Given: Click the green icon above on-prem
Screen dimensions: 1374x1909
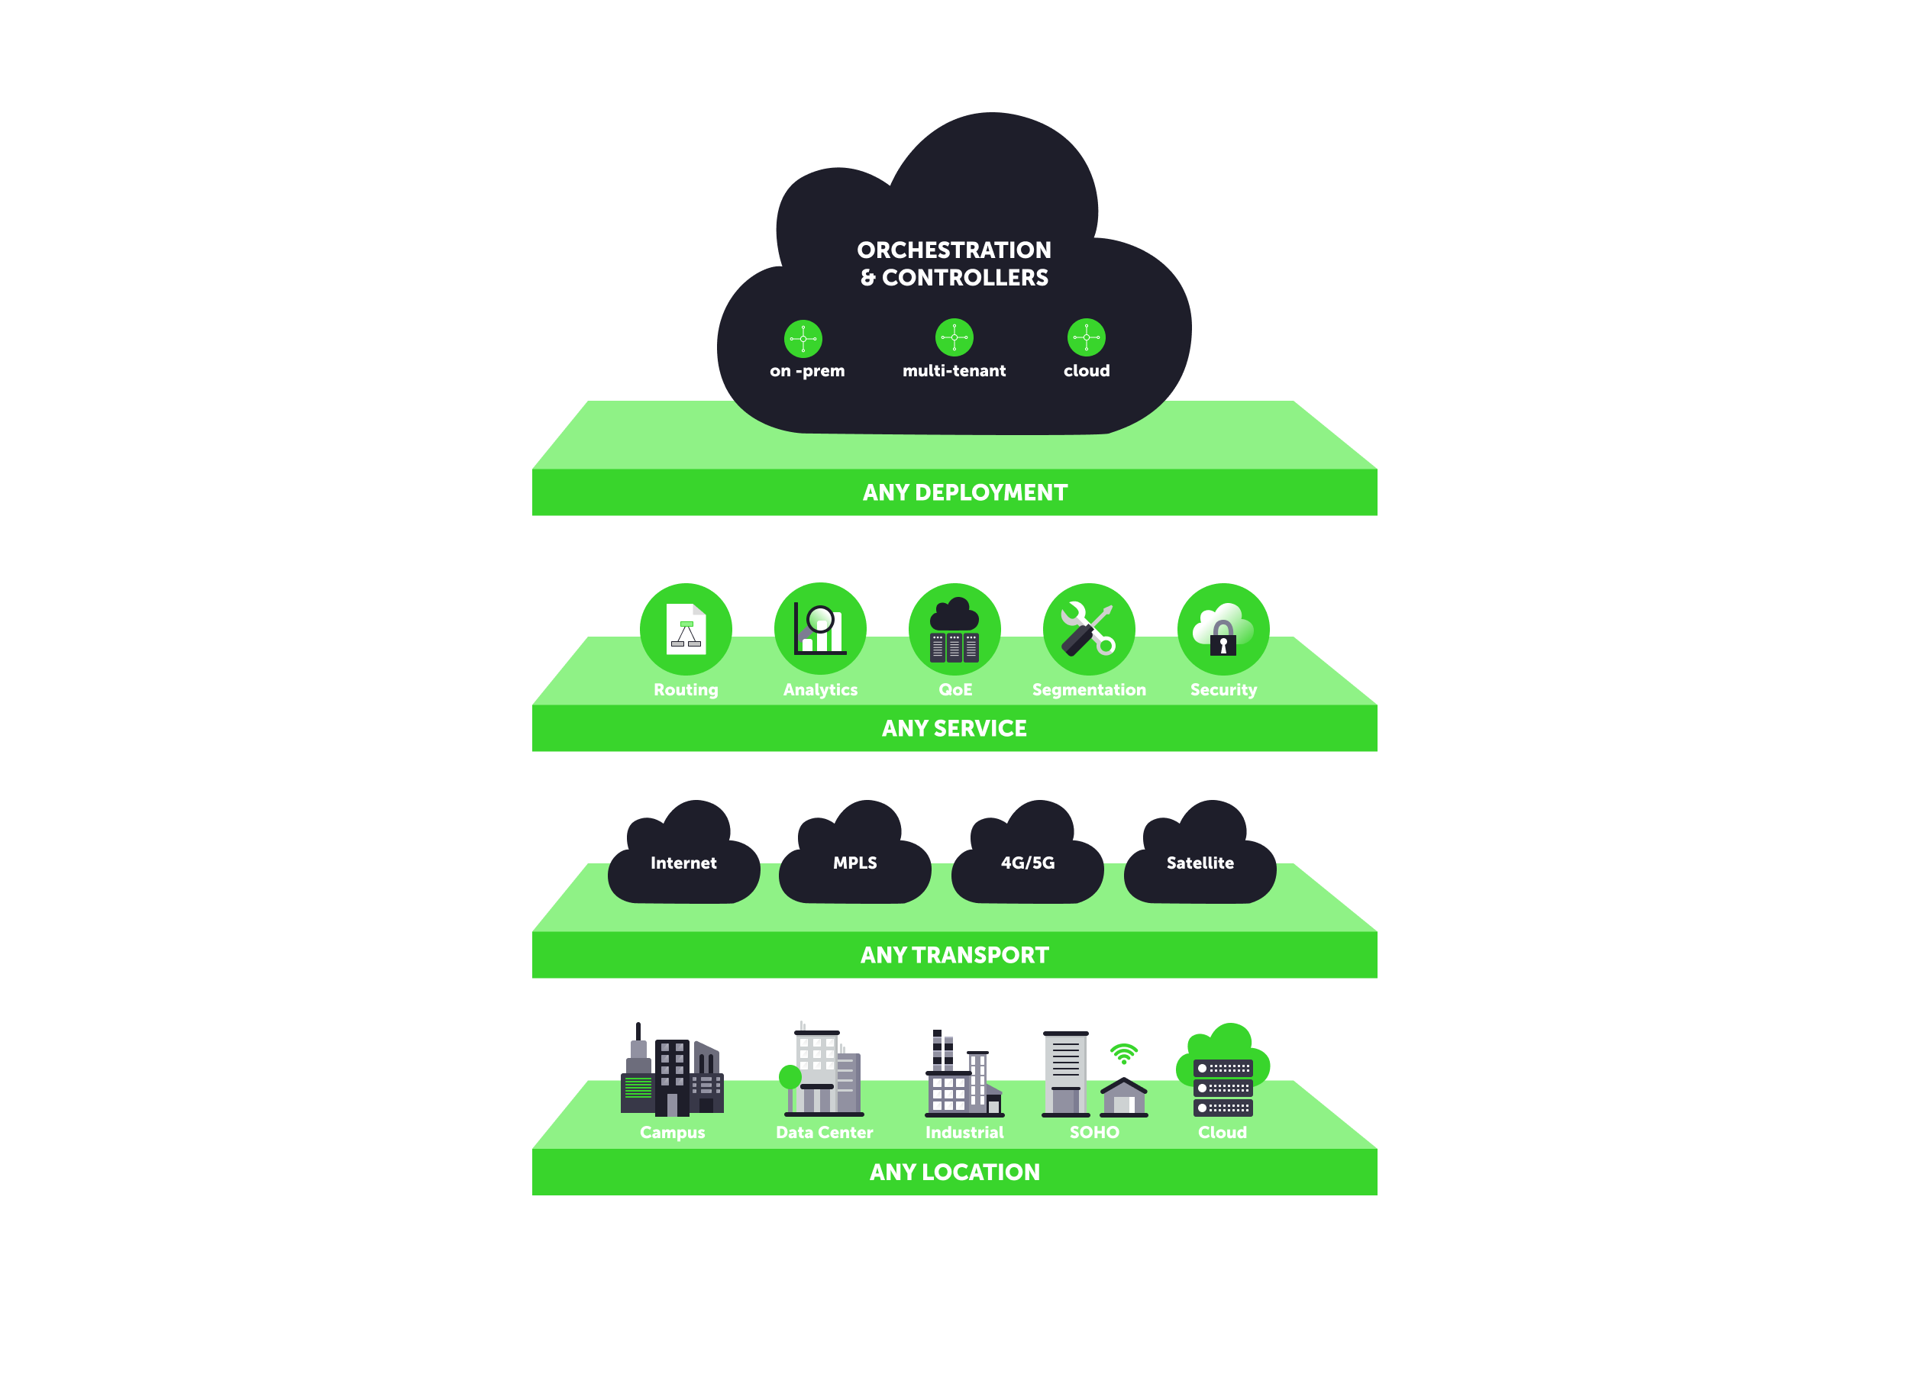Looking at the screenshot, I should point(803,339).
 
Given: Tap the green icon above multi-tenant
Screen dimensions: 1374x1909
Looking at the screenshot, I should point(954,337).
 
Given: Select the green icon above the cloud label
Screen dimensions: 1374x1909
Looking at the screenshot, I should point(1086,337).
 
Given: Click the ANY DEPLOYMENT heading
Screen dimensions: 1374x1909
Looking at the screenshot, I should point(964,492).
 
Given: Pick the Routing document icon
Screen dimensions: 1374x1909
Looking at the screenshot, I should point(686,628).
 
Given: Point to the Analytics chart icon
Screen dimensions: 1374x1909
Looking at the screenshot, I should point(820,628).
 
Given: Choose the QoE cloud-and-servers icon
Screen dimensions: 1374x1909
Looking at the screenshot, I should point(954,629).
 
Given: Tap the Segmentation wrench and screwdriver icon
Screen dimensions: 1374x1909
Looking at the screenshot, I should point(1088,629).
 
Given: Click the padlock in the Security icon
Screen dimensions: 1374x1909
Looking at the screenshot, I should point(1223,640).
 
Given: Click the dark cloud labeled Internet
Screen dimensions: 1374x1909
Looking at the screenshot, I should point(683,863).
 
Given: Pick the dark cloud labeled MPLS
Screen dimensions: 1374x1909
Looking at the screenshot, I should point(855,863).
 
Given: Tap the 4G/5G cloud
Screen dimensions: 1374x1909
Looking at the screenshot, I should point(1027,863).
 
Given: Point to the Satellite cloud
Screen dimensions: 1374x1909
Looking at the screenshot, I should point(1200,863).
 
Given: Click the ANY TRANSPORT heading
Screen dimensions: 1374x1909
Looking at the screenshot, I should point(954,955).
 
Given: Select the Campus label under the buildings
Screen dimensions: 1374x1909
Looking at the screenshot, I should point(673,1133).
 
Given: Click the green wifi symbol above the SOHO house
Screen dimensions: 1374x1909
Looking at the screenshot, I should point(1124,1053).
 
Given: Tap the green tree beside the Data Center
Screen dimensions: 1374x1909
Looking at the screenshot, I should point(790,1077).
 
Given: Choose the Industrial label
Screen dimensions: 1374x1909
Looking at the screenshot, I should point(964,1133).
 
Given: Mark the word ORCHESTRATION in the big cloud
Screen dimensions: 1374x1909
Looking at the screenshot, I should point(954,250).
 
